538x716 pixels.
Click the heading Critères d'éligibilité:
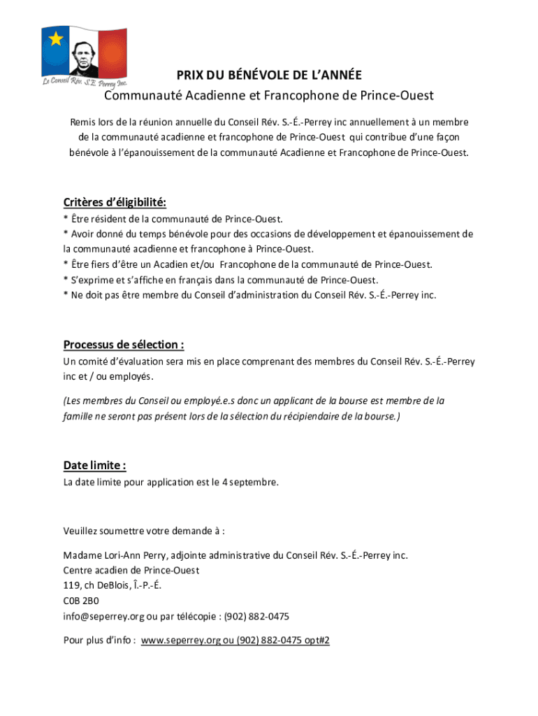coord(115,203)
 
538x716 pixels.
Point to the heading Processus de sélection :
coord(124,345)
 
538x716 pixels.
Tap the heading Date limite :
coord(94,466)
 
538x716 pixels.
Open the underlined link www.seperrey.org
coord(180,640)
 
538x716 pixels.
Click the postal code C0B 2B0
coord(81,601)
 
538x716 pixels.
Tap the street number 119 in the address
coord(71,586)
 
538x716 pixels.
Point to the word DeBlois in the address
coord(116,586)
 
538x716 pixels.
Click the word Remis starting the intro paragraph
coord(82,122)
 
